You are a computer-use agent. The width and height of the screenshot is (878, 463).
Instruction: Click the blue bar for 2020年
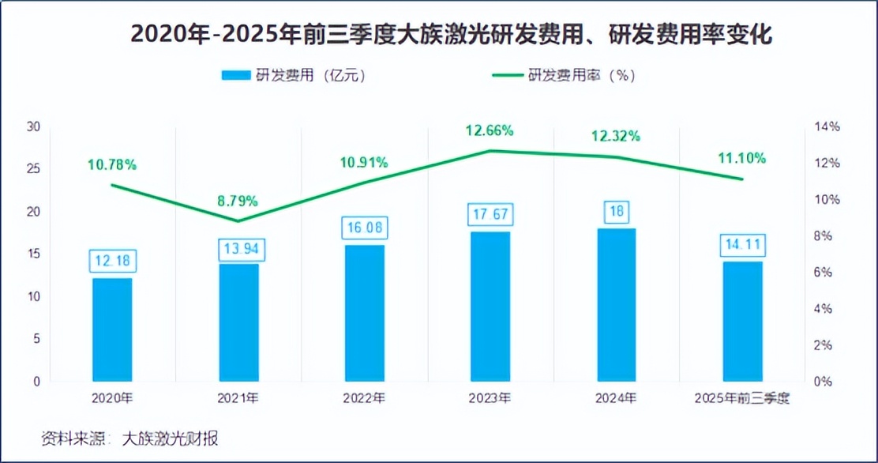[112, 329]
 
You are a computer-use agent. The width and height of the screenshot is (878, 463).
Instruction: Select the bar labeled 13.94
[238, 322]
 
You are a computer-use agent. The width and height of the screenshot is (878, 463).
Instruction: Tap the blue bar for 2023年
[490, 307]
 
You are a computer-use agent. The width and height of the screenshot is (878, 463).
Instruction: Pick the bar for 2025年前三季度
[743, 321]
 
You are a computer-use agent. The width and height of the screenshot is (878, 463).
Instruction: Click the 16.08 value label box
[364, 228]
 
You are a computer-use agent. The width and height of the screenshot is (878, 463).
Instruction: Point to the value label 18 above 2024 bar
[617, 211]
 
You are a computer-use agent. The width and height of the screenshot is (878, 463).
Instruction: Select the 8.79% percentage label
[238, 200]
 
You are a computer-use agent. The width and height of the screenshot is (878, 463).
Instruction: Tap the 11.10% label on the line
[742, 158]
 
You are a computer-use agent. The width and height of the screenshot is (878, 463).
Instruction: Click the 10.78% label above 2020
[112, 165]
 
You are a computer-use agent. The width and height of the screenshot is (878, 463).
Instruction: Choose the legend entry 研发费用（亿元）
[293, 76]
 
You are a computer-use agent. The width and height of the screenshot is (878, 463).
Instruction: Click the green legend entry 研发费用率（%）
[565, 76]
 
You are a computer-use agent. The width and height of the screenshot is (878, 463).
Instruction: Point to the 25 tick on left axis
[33, 169]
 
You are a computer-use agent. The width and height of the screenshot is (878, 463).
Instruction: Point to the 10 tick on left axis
[33, 296]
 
